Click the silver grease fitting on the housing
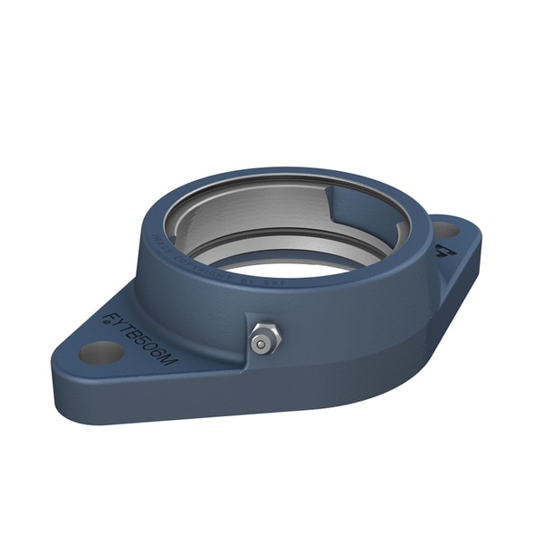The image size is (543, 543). click(x=263, y=338)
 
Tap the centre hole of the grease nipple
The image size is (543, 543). click(x=262, y=343)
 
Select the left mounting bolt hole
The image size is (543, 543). click(x=100, y=351)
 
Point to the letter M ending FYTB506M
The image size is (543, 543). click(x=171, y=364)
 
